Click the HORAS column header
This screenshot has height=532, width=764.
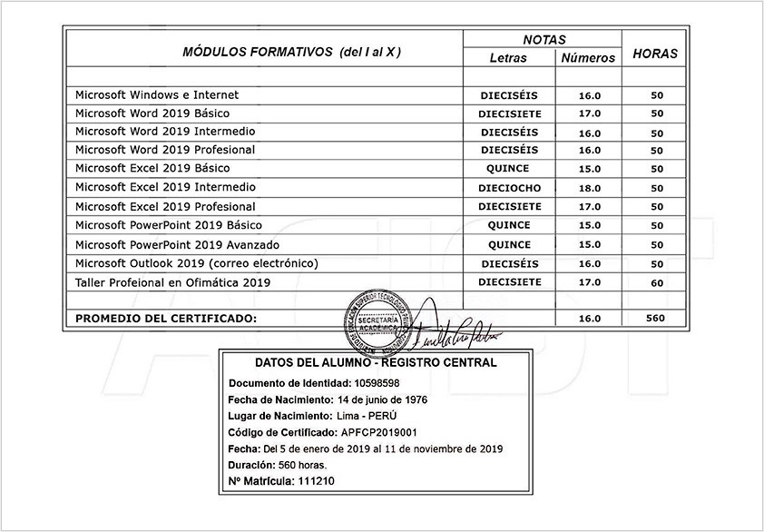point(654,54)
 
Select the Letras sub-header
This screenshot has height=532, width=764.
point(507,58)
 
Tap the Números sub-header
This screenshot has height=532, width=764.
point(588,58)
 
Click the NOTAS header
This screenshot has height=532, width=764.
point(544,40)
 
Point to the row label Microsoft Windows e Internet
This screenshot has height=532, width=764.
point(156,94)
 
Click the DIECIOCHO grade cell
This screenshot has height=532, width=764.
point(509,188)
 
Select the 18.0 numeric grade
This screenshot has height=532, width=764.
point(590,188)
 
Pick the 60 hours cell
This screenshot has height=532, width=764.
point(657,283)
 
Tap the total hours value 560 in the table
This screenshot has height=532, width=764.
point(655,318)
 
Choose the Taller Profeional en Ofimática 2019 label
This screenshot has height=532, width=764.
point(172,282)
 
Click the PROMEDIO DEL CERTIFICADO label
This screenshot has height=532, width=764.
point(166,319)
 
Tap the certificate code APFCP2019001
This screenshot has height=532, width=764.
point(378,432)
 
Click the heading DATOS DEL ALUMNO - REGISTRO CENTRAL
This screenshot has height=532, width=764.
point(376,362)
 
